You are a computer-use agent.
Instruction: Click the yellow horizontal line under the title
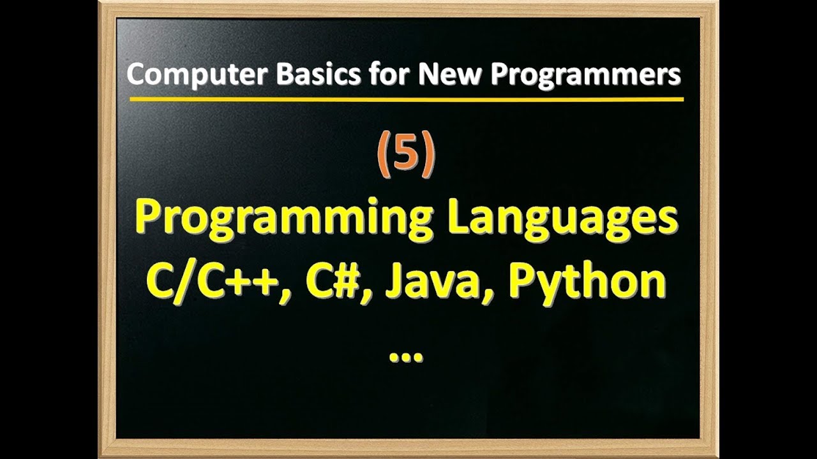406,99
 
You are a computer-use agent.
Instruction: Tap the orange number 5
406,156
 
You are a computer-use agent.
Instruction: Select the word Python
587,282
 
